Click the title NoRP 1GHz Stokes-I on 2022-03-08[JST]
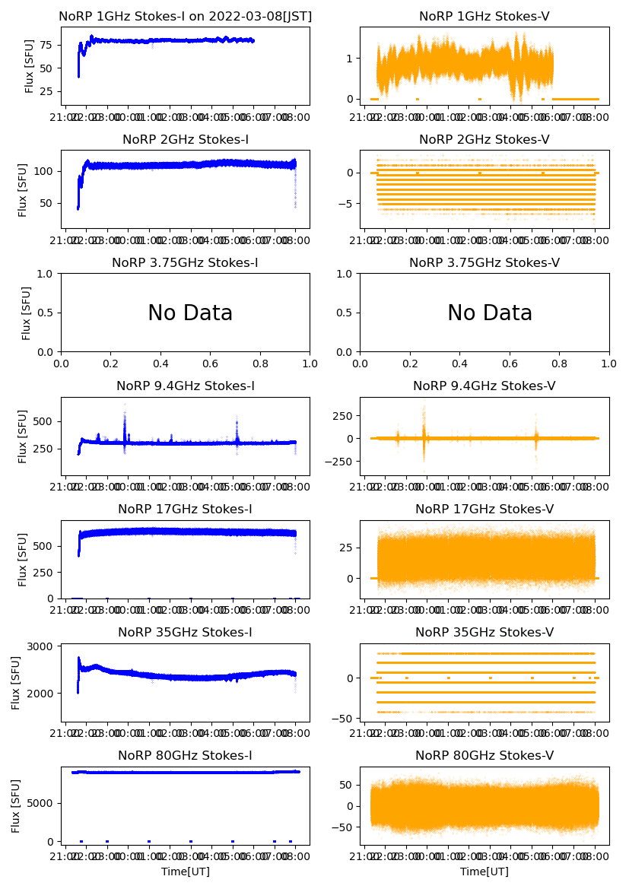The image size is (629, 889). pyautogui.click(x=186, y=16)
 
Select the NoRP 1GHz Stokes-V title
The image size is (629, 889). pyautogui.click(x=484, y=16)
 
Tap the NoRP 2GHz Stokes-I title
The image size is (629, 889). pyautogui.click(x=186, y=139)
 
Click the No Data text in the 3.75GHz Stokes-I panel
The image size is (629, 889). pyautogui.click(x=190, y=313)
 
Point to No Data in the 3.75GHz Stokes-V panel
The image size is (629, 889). pyautogui.click(x=490, y=313)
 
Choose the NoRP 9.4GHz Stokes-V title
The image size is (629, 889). pyautogui.click(x=484, y=386)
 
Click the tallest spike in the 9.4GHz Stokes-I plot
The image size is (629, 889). pyautogui.click(x=125, y=415)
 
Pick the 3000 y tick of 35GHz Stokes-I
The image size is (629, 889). pyautogui.click(x=39, y=646)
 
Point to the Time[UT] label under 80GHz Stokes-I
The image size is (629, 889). pyautogui.click(x=186, y=872)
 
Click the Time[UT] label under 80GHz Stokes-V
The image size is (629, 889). pyautogui.click(x=484, y=872)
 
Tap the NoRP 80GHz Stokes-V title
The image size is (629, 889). pyautogui.click(x=484, y=755)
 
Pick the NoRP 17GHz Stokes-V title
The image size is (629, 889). pyautogui.click(x=484, y=509)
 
